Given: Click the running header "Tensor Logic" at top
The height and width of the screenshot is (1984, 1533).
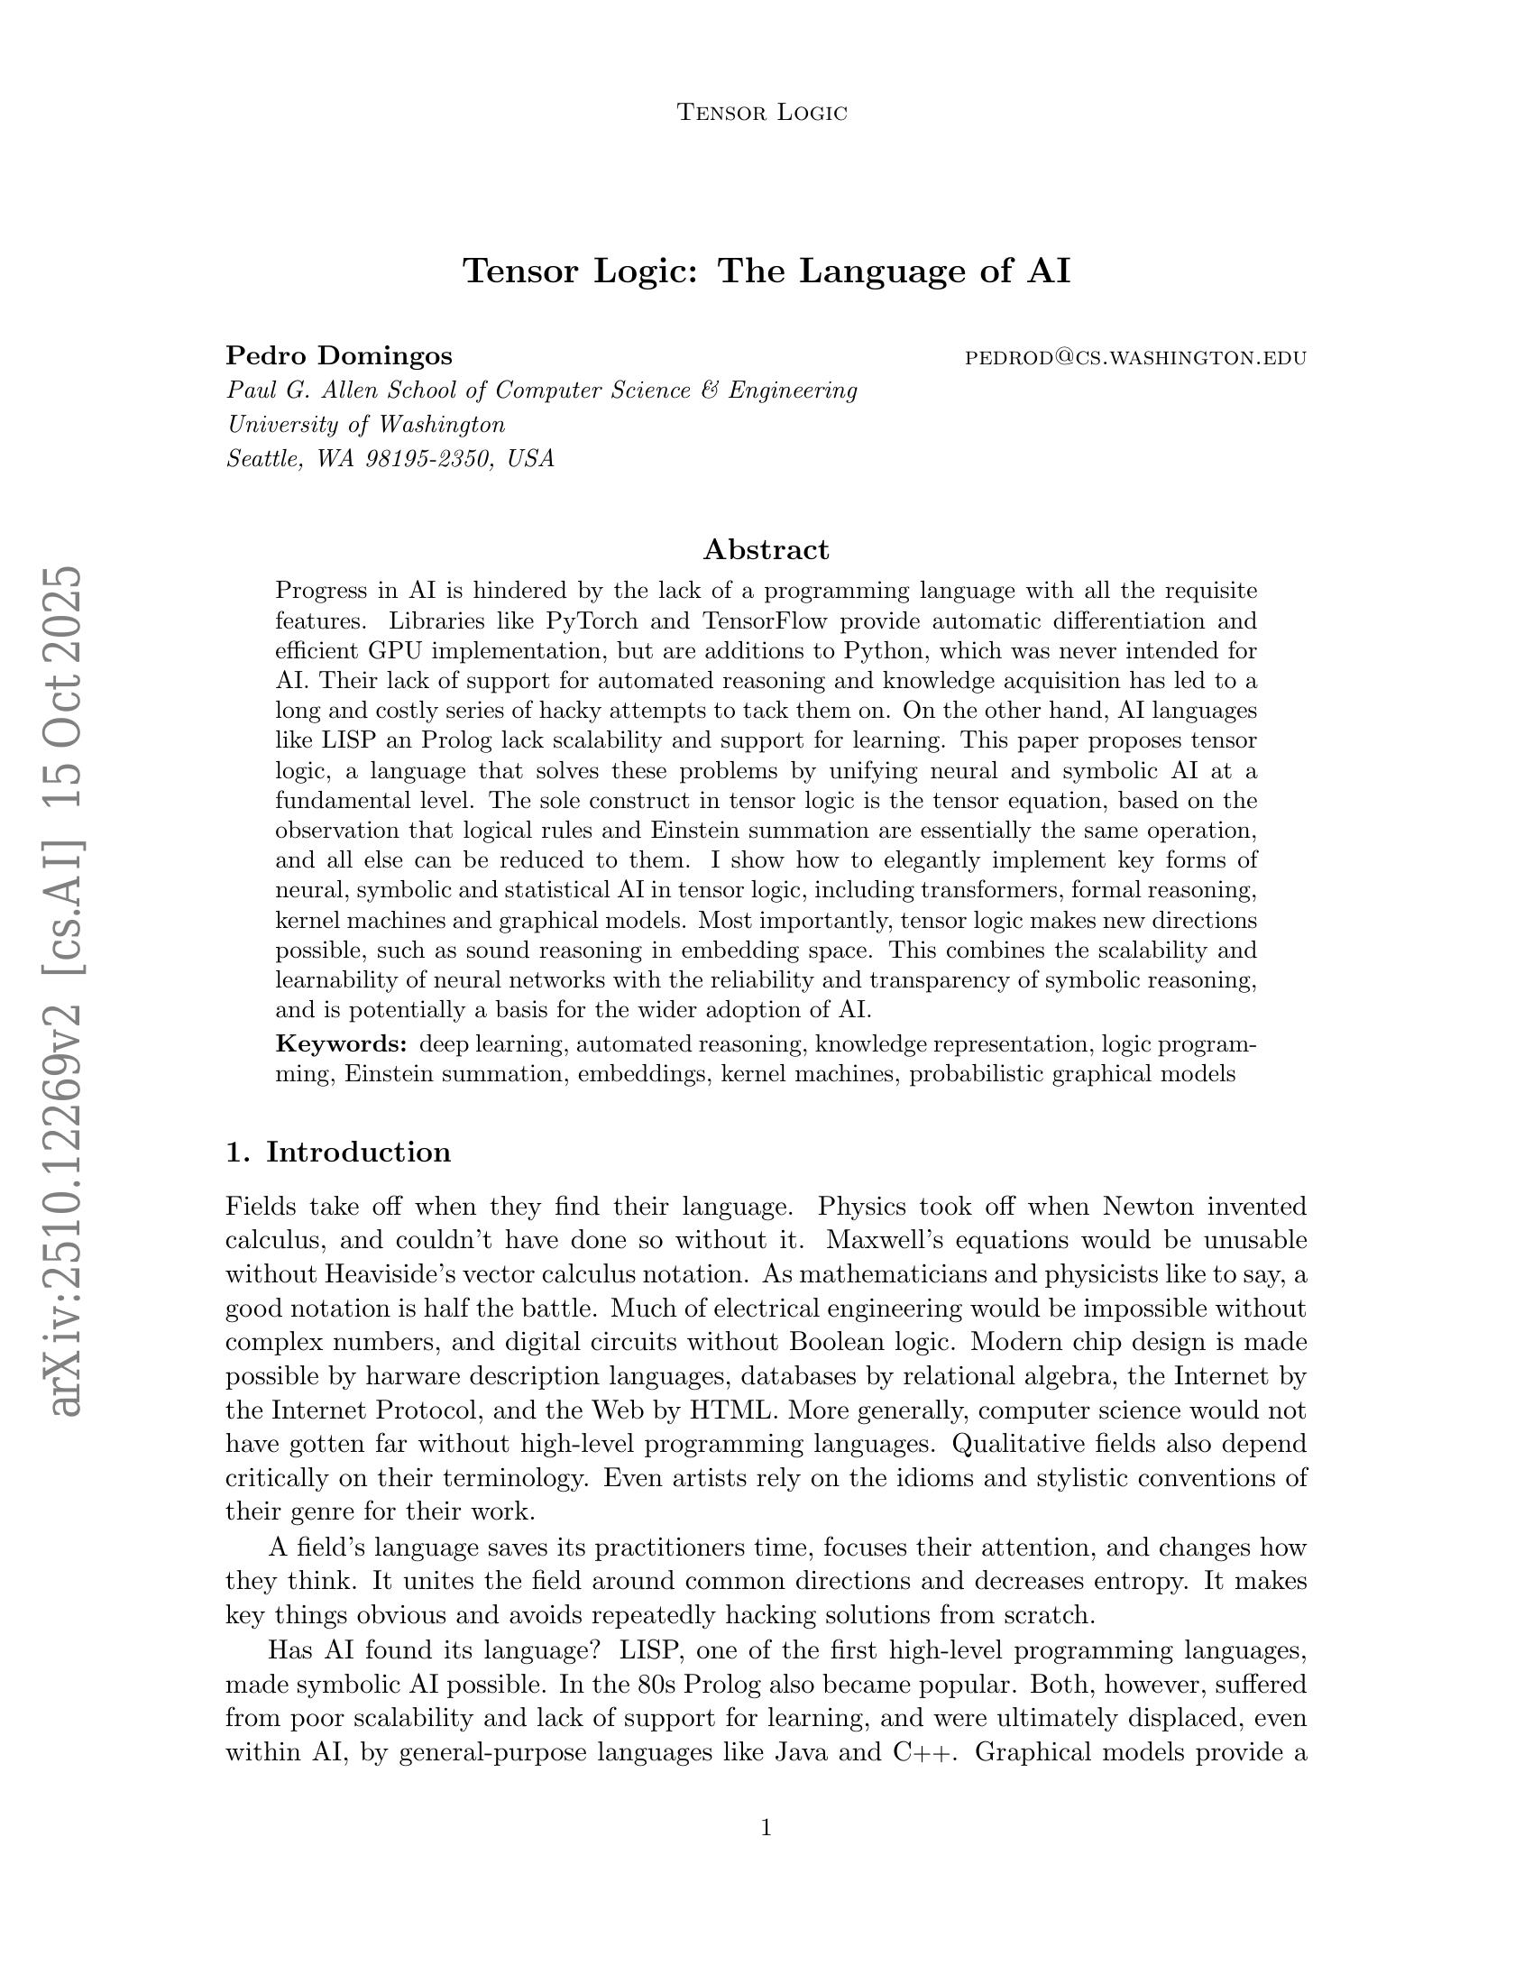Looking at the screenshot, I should point(762,113).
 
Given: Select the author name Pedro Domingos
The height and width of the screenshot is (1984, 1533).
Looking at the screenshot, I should point(339,355).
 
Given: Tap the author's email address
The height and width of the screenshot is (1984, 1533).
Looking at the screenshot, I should point(1134,358).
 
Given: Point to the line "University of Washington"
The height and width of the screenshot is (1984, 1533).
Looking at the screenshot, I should point(365,424).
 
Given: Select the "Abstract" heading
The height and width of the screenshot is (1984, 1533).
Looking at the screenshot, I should point(766,549).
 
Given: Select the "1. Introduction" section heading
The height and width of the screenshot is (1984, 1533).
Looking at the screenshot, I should point(338,1152).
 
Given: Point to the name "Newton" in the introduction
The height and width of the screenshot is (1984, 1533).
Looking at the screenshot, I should point(1146,1207).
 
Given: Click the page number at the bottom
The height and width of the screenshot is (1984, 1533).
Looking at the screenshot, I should point(766,1828).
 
